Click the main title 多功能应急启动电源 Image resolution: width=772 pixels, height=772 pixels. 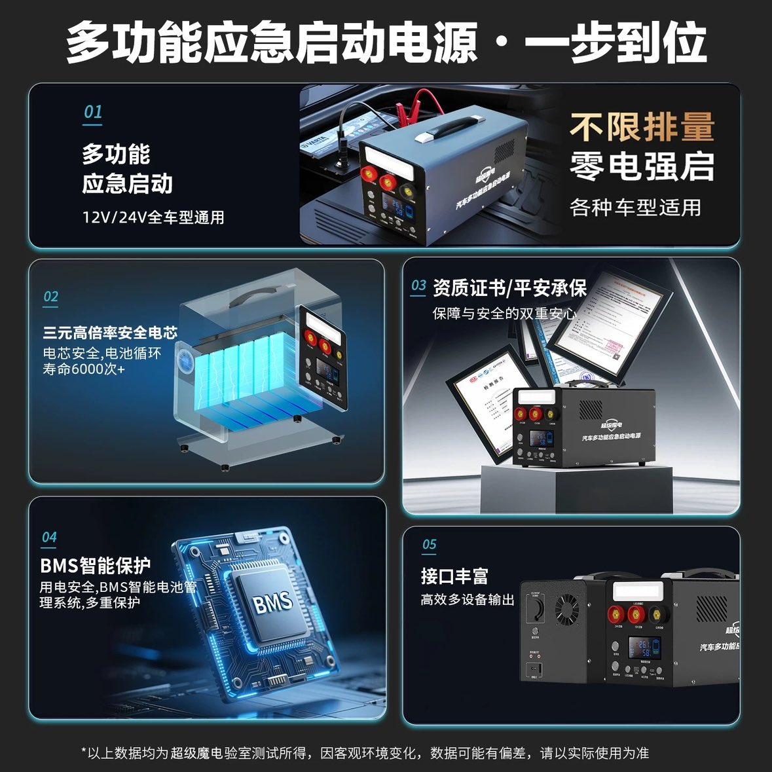click(x=271, y=43)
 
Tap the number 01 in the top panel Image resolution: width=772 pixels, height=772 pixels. click(x=93, y=112)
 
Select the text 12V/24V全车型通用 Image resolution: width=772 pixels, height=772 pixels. click(x=153, y=217)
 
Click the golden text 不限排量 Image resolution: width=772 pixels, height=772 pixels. click(x=641, y=126)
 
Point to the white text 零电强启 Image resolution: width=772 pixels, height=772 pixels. click(x=641, y=166)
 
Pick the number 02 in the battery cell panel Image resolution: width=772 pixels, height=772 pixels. click(x=50, y=297)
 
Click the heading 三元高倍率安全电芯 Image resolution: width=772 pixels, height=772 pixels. click(x=110, y=333)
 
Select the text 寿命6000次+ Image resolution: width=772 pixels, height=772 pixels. click(x=84, y=369)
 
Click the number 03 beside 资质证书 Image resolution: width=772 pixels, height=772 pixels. click(x=418, y=286)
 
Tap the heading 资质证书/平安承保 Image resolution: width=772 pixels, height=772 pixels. click(x=509, y=287)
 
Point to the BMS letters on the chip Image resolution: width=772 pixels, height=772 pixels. click(x=272, y=602)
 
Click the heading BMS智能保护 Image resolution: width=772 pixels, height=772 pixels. click(x=96, y=565)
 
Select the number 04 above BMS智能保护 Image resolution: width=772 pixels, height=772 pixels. click(x=49, y=538)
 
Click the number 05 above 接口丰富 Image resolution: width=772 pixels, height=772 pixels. click(x=429, y=544)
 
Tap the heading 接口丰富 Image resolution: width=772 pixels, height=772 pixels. click(x=454, y=577)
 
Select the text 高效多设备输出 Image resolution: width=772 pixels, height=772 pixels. click(x=467, y=600)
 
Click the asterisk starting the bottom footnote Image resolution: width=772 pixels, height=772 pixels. click(x=84, y=752)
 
